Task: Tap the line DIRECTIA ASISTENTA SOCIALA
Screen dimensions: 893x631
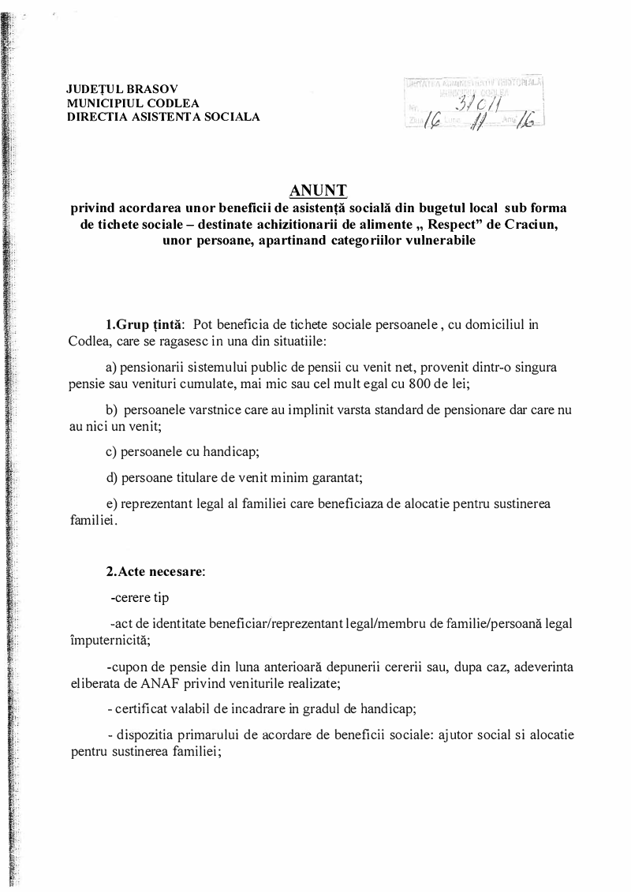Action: [163, 117]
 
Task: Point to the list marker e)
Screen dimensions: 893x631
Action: [111, 503]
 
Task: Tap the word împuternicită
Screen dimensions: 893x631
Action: [107, 639]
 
